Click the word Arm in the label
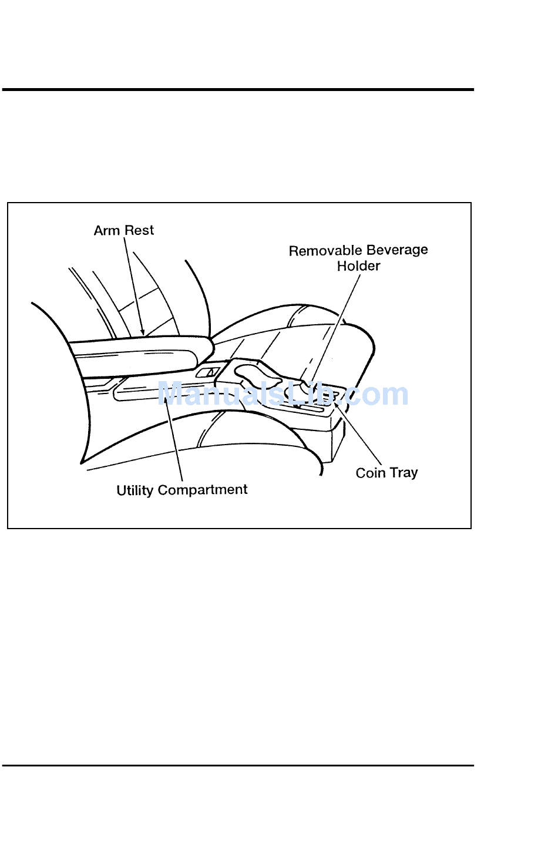coord(107,230)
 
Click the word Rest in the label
coord(139,230)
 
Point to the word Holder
coord(358,266)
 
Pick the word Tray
coord(404,473)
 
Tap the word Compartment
coord(203,490)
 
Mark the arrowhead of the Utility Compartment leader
coord(166,401)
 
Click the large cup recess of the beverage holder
coord(258,374)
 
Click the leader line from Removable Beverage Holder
coord(336,329)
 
